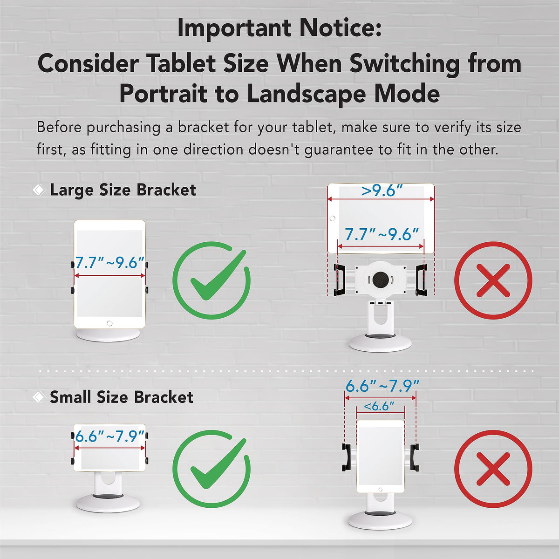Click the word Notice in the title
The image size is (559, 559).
(x=340, y=28)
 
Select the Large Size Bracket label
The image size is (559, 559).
(x=123, y=190)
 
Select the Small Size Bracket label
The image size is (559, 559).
(x=122, y=397)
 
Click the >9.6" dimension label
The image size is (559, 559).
(x=382, y=191)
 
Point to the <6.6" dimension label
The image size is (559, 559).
(x=379, y=406)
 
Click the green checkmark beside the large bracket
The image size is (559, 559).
(x=212, y=280)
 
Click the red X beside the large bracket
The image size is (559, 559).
(x=493, y=280)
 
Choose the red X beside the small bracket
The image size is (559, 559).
(x=493, y=469)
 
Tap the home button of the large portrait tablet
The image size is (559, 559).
(x=109, y=323)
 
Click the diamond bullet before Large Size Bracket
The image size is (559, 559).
(x=39, y=190)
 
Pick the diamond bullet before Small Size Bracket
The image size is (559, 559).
(x=39, y=397)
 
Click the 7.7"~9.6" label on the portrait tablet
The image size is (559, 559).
(x=109, y=263)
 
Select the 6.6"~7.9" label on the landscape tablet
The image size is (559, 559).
(x=109, y=436)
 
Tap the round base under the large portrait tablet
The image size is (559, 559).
(x=108, y=335)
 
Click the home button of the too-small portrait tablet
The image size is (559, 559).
(x=380, y=490)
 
